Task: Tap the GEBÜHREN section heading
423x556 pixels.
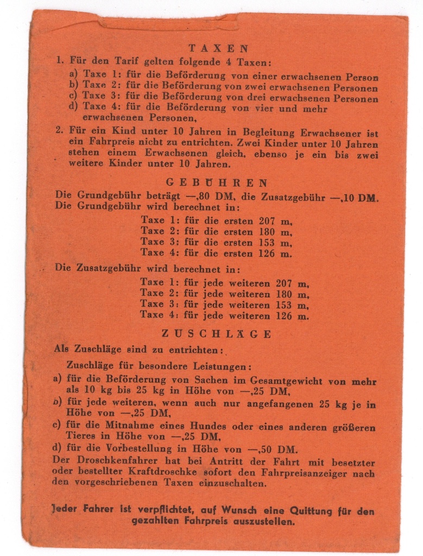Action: coord(217,182)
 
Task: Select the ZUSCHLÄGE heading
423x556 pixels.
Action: coord(217,334)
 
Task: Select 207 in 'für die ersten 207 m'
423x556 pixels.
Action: coord(269,220)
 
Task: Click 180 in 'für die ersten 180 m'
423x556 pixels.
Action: coord(269,231)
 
